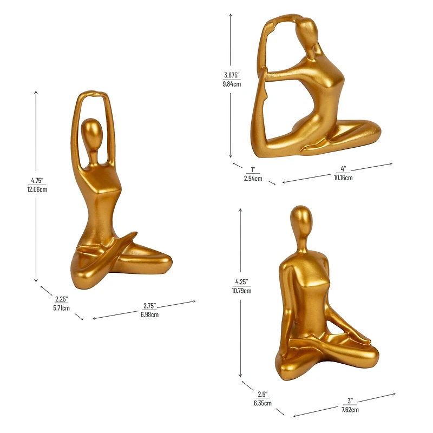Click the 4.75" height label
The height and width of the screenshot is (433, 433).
[x=37, y=181]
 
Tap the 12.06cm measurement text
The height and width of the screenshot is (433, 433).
[x=37, y=189]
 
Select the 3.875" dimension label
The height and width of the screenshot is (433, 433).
[x=232, y=76]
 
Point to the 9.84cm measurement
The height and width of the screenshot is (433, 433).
[x=232, y=84]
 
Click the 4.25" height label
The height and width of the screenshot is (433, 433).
[x=241, y=282]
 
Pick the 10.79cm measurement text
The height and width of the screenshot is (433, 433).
[x=241, y=291]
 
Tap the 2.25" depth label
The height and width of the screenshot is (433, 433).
[x=61, y=299]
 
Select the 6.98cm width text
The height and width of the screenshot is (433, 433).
[x=150, y=314]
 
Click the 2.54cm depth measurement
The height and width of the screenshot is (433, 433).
[x=253, y=178]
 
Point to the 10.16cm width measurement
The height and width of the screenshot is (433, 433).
[x=343, y=178]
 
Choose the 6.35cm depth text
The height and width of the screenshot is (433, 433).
[x=262, y=403]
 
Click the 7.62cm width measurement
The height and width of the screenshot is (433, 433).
[x=349, y=410]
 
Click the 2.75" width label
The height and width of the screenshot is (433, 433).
[x=150, y=306]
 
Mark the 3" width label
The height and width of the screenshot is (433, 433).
[x=350, y=401]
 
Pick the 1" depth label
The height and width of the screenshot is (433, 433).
[x=253, y=169]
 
